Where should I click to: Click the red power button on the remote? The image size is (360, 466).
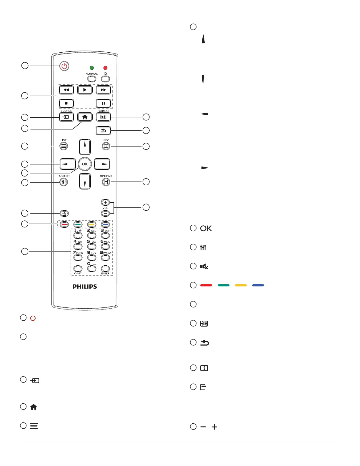[x=64, y=66]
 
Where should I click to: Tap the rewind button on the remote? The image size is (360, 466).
[x=66, y=90]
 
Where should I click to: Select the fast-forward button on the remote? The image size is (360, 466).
[x=103, y=90]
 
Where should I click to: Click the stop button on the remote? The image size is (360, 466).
[x=66, y=104]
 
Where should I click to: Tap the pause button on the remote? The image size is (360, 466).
[x=103, y=104]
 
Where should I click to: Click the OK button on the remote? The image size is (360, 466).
[x=85, y=164]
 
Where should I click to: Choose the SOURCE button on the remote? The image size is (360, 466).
[x=66, y=117]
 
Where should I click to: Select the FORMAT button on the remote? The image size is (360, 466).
[x=103, y=117]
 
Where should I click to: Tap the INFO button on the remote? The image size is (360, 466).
[x=106, y=146]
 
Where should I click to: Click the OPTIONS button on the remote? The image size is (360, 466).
[x=106, y=182]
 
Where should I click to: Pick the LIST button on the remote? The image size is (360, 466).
[x=64, y=146]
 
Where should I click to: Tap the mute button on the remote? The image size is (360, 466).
[x=64, y=213]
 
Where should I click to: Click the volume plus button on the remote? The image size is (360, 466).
[x=105, y=202]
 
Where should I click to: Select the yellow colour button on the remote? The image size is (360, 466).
[x=92, y=225]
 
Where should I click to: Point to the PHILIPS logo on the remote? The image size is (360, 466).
[x=85, y=287]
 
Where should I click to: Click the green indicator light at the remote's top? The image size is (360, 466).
[x=92, y=68]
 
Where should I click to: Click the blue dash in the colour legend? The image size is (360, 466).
[x=258, y=285]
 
